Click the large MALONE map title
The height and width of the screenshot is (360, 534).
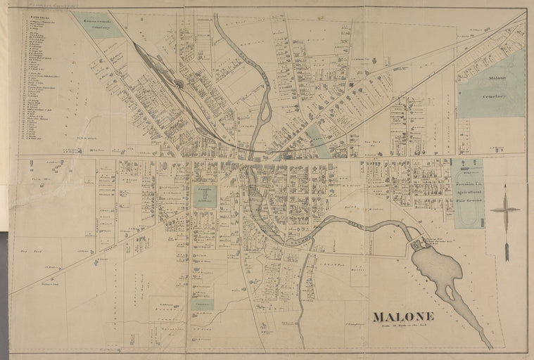coord(402,316)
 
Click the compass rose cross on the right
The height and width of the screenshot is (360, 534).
coord(505,210)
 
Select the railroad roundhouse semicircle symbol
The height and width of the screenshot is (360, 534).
coord(180,84)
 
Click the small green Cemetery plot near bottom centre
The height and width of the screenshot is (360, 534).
coord(202,304)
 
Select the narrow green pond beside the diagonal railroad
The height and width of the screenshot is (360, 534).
coord(318,141)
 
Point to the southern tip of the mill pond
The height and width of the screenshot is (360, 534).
coord(489,345)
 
